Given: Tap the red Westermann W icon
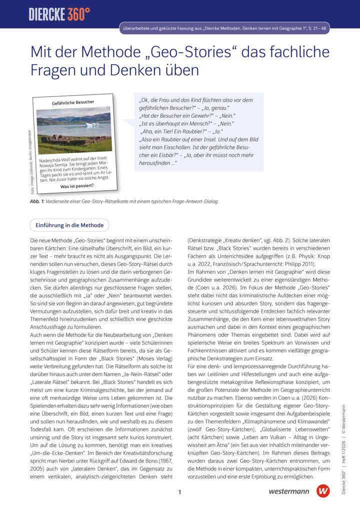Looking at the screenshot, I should [323, 491].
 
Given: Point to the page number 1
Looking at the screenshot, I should [179, 492].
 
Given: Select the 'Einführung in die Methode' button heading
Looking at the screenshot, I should [69, 225].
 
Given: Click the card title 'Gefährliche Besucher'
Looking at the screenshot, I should [72, 103].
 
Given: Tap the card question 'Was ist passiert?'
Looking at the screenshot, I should [77, 186].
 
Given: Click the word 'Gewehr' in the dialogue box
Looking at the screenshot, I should [202, 116].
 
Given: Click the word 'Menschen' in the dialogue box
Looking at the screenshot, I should [198, 123].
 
